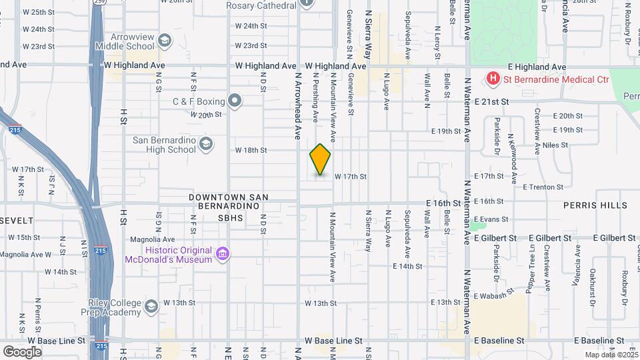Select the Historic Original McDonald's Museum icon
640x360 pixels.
223,254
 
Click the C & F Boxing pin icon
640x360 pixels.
235,101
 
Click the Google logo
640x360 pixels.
22,351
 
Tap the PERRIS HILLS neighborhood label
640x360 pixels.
595,205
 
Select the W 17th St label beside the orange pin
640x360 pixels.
351,176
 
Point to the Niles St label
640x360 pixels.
555,145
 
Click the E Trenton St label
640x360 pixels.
544,187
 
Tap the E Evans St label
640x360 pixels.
491,219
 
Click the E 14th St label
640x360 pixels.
407,266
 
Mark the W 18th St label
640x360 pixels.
251,151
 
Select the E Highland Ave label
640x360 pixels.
537,67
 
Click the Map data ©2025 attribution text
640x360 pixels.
611,355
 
